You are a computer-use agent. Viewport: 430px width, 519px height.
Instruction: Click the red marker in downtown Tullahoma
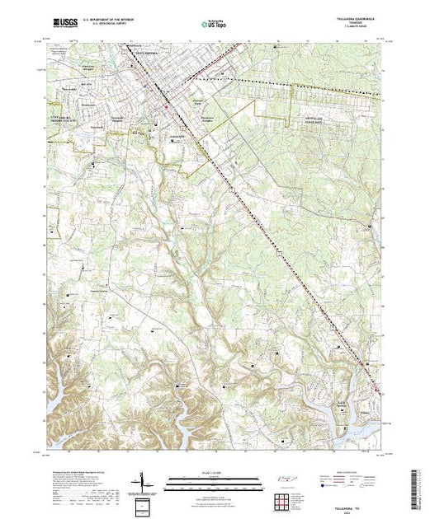[166, 105]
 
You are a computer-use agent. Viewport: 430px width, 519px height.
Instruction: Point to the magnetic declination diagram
[142, 480]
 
